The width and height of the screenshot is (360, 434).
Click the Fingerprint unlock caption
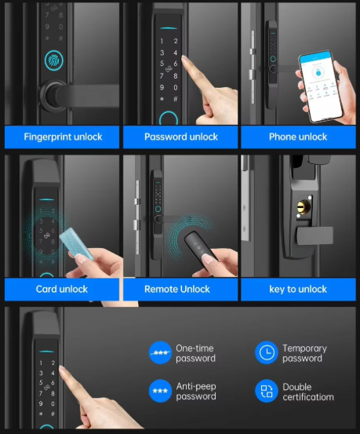pos(63,137)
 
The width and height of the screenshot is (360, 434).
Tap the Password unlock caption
pos(181,137)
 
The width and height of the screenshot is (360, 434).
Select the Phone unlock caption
pos(298,137)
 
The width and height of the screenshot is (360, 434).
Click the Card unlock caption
pos(62,289)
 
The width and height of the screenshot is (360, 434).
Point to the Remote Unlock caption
pos(177,290)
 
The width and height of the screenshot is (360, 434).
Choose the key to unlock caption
pos(298,290)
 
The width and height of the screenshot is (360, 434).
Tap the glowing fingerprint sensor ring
pos(54,60)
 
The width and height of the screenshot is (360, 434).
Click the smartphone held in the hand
pos(321,86)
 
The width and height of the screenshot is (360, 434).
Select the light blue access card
pos(76,243)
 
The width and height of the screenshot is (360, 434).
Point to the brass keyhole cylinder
pos(304,207)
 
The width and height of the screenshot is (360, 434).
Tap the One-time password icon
pos(160,352)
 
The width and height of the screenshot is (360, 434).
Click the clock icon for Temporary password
pos(267,352)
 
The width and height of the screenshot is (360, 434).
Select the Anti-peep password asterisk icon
pos(160,391)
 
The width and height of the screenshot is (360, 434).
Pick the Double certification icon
pos(267,391)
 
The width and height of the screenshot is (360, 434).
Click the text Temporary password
pos(304,353)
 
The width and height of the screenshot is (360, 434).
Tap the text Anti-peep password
pos(196,391)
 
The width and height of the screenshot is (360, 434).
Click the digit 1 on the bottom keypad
pos(41,363)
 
